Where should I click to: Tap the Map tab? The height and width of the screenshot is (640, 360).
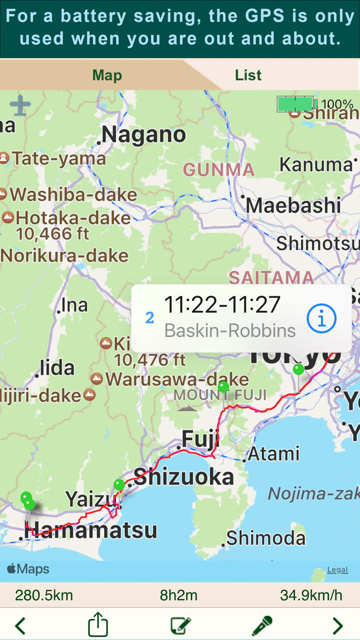[x=107, y=75]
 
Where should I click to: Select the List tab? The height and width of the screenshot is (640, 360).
[x=248, y=75]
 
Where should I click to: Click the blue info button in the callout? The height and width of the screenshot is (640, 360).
[x=321, y=319]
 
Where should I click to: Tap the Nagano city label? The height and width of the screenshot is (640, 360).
[x=143, y=135]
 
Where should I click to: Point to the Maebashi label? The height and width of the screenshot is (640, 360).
[x=293, y=205]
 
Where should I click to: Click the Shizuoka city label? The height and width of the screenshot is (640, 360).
[x=184, y=477]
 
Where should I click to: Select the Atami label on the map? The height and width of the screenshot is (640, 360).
[x=274, y=454]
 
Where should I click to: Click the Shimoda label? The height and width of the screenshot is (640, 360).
[x=266, y=538]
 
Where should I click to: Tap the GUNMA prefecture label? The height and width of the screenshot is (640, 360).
[x=219, y=169]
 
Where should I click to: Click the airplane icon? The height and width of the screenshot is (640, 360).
[x=20, y=105]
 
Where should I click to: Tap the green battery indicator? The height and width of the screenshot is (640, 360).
[x=296, y=104]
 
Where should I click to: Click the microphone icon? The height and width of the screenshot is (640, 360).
[x=262, y=626]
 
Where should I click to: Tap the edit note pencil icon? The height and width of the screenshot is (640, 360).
[x=181, y=626]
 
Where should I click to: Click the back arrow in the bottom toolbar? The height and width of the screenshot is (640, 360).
[x=20, y=626]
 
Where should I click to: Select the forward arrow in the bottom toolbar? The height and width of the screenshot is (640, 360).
[x=337, y=626]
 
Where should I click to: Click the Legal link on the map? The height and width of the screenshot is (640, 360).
[x=337, y=570]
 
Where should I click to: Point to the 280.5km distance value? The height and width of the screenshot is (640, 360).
[x=44, y=595]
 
